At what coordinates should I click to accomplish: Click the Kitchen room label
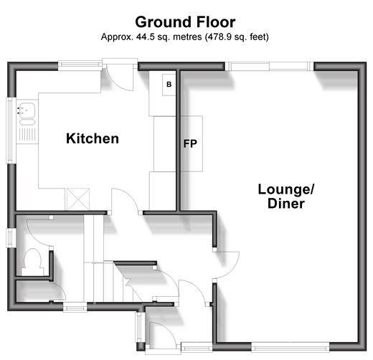coord(93,138)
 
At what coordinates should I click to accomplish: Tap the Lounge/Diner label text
coord(286,196)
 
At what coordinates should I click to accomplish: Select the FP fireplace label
coord(190,143)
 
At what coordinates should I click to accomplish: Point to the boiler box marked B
coord(169,85)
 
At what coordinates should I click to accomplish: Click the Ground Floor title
coord(185,22)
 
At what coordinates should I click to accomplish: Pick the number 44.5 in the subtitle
coord(145,37)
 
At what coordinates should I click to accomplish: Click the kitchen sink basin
coord(27,110)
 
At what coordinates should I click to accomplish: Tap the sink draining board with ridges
coord(27,134)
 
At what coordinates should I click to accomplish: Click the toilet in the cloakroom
coord(32,262)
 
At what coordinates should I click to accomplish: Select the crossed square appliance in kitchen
coord(78,199)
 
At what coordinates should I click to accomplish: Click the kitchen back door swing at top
coord(120,77)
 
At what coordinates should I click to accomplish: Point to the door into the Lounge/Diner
coord(226,265)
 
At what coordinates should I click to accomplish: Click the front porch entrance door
coord(163,335)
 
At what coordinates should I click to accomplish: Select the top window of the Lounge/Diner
coord(269,66)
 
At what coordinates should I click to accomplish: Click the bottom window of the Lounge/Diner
coord(291,346)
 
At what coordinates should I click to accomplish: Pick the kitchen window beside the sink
coord(11,131)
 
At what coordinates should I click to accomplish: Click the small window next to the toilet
coord(10,238)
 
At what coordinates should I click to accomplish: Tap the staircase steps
coord(108,281)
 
